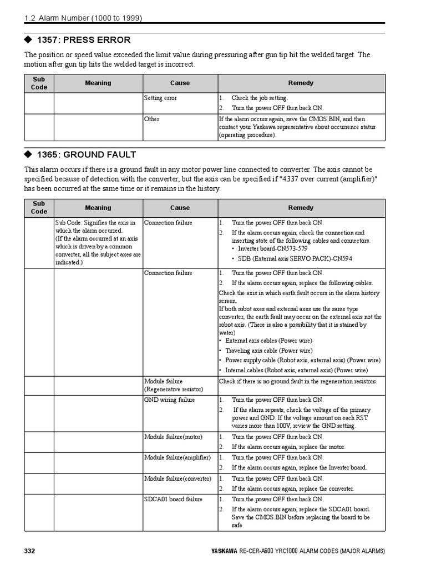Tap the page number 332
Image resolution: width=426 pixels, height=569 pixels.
(29, 551)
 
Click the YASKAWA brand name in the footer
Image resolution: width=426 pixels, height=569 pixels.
(224, 551)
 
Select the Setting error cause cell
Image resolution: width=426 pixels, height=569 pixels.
(161, 98)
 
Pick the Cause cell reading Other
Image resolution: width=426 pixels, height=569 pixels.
(151, 119)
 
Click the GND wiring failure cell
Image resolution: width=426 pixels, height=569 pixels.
(169, 400)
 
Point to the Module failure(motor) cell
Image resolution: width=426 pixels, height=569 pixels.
(173, 437)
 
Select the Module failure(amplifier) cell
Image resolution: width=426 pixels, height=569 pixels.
(177, 457)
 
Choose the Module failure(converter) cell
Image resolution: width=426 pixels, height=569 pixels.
(177, 478)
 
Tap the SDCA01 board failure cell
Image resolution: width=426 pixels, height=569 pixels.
(173, 499)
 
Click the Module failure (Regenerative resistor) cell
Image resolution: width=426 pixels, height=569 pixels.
(174, 385)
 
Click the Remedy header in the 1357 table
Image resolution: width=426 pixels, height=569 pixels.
(301, 83)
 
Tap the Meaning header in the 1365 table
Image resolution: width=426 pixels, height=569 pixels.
(98, 208)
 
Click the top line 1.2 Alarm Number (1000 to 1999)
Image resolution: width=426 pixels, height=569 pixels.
(83, 18)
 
